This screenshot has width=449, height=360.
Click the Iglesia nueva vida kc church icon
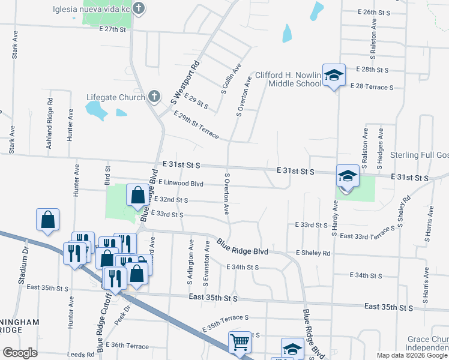(x=139, y=9)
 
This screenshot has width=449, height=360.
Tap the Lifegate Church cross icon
(x=154, y=97)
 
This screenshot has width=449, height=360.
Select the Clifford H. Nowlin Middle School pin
(x=334, y=76)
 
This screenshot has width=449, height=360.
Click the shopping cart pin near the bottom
(x=240, y=343)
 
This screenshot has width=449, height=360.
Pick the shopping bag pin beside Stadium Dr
(x=48, y=220)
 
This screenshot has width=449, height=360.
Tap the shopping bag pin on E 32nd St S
(x=138, y=195)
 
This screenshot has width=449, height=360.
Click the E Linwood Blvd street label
(x=181, y=184)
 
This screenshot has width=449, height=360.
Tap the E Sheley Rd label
(x=313, y=254)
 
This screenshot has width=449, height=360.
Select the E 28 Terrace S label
(x=371, y=88)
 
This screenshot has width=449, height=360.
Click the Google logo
(x=20, y=353)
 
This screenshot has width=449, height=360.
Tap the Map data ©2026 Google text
(x=411, y=355)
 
